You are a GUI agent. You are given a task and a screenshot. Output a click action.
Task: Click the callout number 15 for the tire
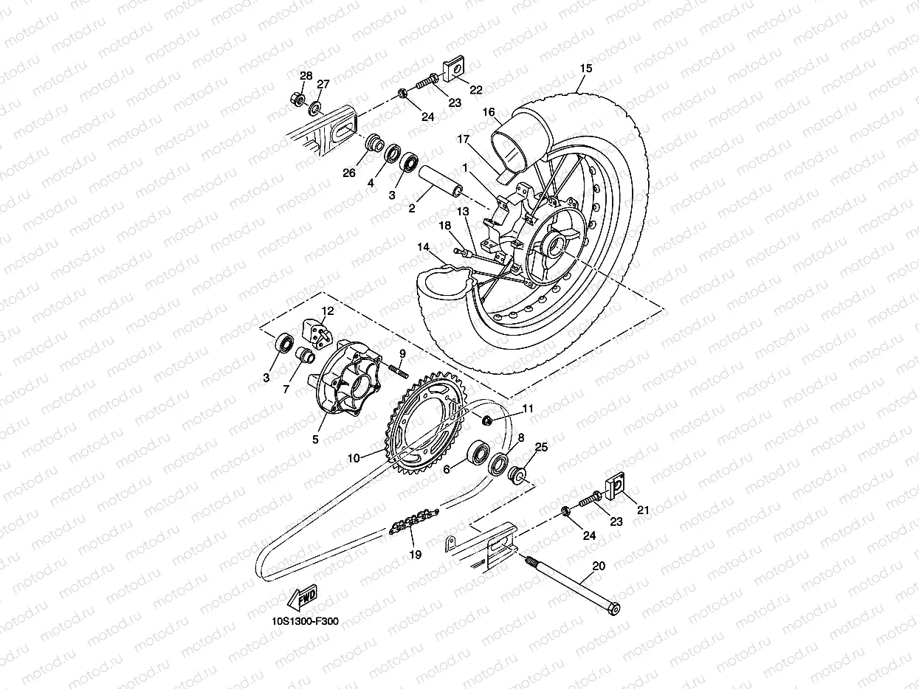click(x=585, y=69)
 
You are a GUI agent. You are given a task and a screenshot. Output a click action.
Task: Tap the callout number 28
click(x=306, y=76)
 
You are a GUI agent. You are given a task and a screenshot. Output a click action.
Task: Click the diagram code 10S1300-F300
click(x=304, y=621)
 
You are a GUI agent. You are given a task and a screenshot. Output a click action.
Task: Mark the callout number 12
click(x=327, y=311)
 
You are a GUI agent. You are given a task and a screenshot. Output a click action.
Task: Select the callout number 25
click(x=541, y=448)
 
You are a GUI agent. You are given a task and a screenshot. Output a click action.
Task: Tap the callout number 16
click(x=489, y=112)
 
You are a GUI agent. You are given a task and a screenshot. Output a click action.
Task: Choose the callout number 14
click(x=423, y=247)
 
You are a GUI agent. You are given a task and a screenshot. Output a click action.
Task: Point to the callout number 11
click(x=527, y=408)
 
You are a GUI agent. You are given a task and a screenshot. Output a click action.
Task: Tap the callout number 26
click(x=349, y=173)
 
